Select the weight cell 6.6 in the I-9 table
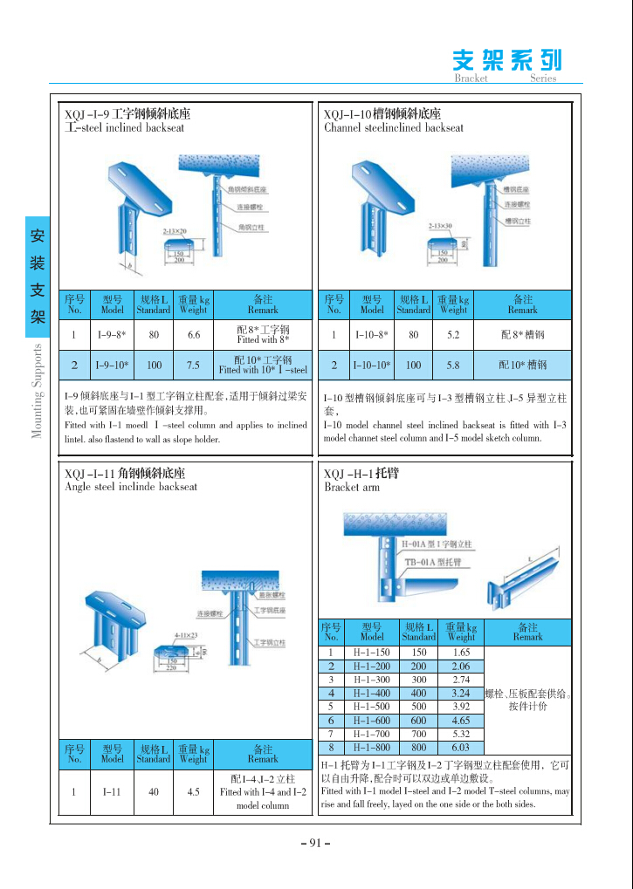coord(193,335)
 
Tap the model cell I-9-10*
coord(113,365)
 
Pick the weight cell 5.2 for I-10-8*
coord(453,335)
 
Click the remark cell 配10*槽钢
coord(523,365)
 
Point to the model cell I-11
coord(112,792)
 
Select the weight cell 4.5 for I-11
coord(193,792)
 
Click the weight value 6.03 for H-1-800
coord(460,748)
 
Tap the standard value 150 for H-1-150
coord(418,653)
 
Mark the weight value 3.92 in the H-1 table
coord(460,707)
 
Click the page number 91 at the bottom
coord(315,843)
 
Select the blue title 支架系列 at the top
coord(507,59)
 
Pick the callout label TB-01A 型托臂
coord(433,563)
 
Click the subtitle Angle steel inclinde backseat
coord(131,487)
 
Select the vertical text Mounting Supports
coord(38,390)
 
